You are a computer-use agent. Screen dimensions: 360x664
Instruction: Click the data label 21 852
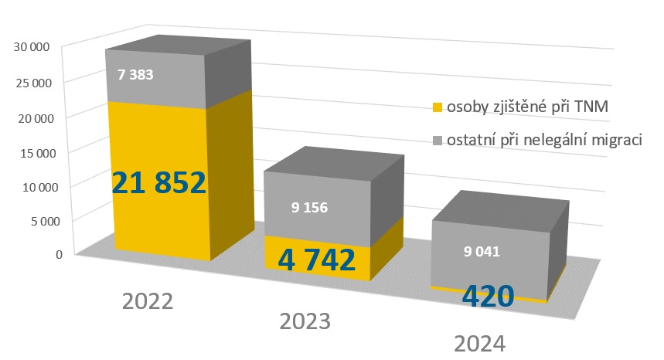(x=159, y=182)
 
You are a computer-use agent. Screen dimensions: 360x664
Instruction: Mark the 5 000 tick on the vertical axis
(x=36, y=221)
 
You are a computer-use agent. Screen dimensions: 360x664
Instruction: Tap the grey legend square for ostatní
(x=437, y=139)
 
